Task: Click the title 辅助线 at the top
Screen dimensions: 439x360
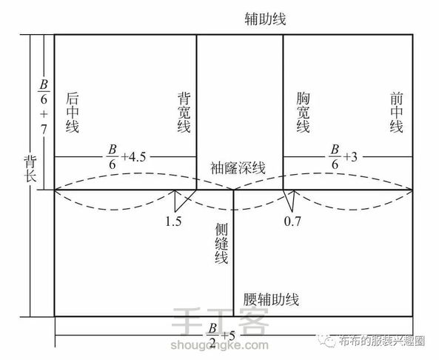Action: (x=265, y=19)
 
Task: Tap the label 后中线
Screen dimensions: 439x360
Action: (x=73, y=112)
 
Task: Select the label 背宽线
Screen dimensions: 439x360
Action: (x=184, y=112)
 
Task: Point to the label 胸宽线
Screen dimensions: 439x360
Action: (x=303, y=112)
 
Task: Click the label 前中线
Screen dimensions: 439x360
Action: (x=397, y=112)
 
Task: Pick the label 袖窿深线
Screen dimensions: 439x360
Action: (x=238, y=168)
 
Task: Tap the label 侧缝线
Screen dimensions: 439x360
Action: (x=221, y=243)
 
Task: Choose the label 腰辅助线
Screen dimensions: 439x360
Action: (x=271, y=299)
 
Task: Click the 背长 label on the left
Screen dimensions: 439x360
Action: (x=30, y=168)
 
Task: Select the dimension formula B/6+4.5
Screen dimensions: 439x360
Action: (x=127, y=157)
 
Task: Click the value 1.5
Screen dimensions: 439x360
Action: (x=173, y=221)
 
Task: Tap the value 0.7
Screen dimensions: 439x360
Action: (x=292, y=221)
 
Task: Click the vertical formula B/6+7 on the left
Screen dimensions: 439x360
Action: (x=44, y=107)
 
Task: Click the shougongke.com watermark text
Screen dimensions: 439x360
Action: (x=219, y=345)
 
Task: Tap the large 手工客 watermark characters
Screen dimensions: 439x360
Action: (x=220, y=321)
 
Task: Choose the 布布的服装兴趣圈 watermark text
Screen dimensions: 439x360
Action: (x=382, y=341)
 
